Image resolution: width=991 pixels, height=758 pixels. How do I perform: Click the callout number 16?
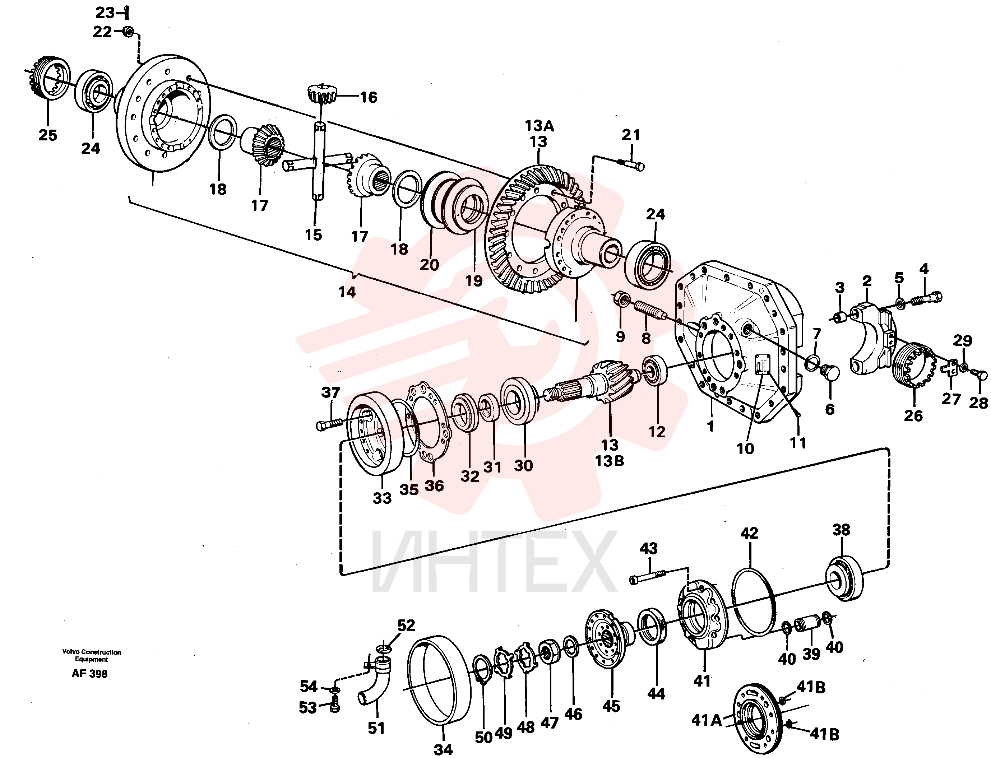pyautogui.click(x=368, y=97)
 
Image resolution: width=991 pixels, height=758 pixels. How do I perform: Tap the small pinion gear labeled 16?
pyautogui.click(x=322, y=94)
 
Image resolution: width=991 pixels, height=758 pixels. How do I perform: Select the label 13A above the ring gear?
pyautogui.click(x=539, y=126)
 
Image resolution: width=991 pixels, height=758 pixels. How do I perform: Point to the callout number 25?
pyautogui.click(x=48, y=135)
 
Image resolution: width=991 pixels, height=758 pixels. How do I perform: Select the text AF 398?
pyautogui.click(x=89, y=674)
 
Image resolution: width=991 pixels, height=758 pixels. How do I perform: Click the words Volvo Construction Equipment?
pyautogui.click(x=92, y=656)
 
